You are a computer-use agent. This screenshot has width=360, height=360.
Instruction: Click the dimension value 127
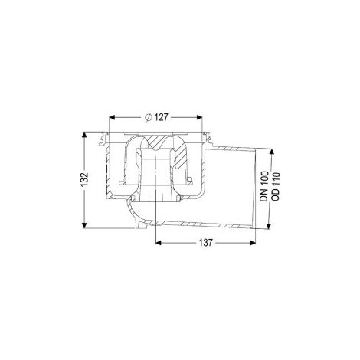161,117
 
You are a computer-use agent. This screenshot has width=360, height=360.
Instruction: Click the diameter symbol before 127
149,117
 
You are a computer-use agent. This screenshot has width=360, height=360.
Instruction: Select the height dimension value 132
84,179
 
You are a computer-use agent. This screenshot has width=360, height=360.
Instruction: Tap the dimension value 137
205,243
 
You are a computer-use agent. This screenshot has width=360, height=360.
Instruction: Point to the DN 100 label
264,187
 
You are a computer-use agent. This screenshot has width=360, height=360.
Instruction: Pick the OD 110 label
276,187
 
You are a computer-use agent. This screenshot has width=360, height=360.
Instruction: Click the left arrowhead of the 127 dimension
112,117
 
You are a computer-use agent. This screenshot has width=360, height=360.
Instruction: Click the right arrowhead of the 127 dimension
199,117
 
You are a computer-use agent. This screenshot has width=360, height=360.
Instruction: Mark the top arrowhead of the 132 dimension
84,135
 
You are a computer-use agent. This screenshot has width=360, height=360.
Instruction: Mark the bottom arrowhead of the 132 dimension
84,225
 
